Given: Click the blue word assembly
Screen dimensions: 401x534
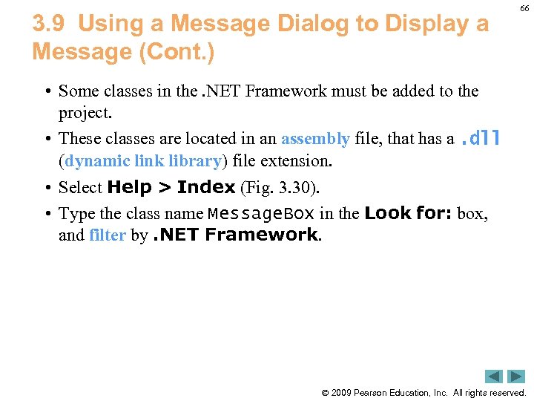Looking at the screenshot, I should pyautogui.click(x=315, y=138).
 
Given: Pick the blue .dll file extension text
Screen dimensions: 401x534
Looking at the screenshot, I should pyautogui.click(x=481, y=137).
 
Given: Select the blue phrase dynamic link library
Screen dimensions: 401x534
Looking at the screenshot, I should pyautogui.click(x=143, y=160).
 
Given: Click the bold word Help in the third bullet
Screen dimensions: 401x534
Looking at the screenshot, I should pyautogui.click(x=130, y=187).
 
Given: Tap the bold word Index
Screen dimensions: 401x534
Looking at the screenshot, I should pyautogui.click(x=206, y=187).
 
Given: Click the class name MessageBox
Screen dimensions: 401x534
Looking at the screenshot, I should pyautogui.click(x=261, y=214).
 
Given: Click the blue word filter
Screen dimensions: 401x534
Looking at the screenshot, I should pyautogui.click(x=107, y=236).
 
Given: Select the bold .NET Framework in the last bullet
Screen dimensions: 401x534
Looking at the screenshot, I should pyautogui.click(x=235, y=235).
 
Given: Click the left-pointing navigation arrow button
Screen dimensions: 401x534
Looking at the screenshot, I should pyautogui.click(x=494, y=376).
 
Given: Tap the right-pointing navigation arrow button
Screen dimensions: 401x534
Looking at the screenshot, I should pyautogui.click(x=516, y=376).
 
